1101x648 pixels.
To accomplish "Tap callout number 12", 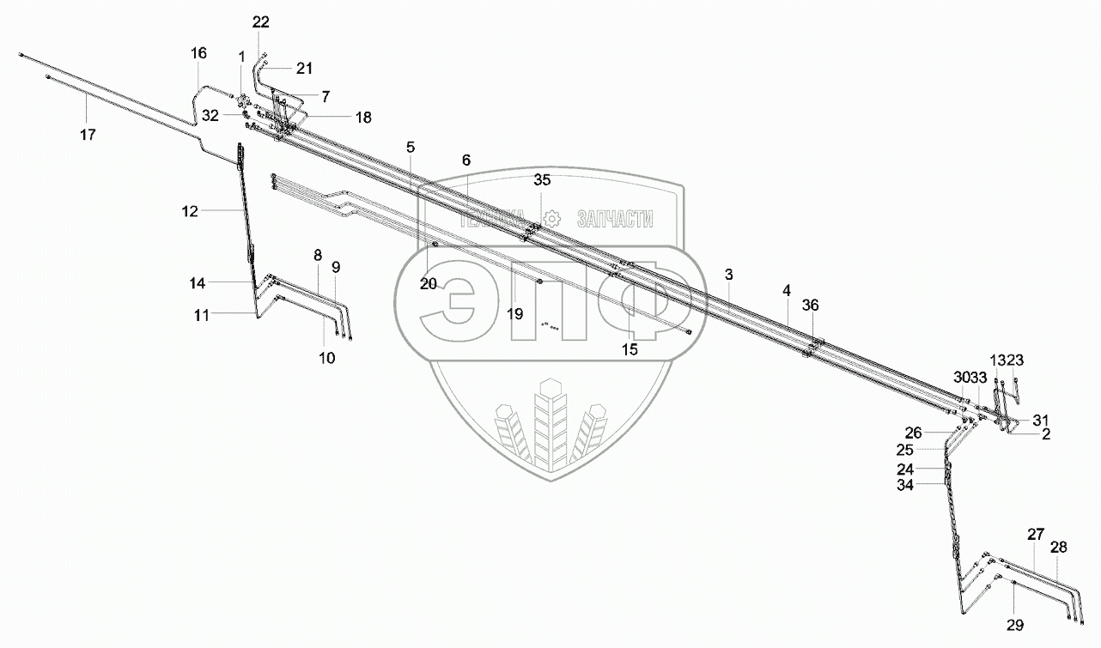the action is pyautogui.click(x=190, y=210).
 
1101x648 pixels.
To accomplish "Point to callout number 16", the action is pyautogui.click(x=198, y=53).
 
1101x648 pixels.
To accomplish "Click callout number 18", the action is pyautogui.click(x=363, y=118).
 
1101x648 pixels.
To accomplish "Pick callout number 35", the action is pyautogui.click(x=541, y=180).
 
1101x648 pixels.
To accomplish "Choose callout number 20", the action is pyautogui.click(x=429, y=284).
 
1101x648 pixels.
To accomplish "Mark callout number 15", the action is pyautogui.click(x=630, y=349).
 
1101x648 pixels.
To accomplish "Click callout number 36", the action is pyautogui.click(x=812, y=305).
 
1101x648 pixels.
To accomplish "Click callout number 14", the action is pyautogui.click(x=198, y=282).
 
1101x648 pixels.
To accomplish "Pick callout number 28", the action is pyautogui.click(x=1058, y=547).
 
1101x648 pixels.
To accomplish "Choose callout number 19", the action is pyautogui.click(x=514, y=314).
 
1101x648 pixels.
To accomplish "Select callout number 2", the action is pyautogui.click(x=1045, y=434).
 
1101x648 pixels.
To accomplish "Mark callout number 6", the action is pyautogui.click(x=466, y=160).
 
